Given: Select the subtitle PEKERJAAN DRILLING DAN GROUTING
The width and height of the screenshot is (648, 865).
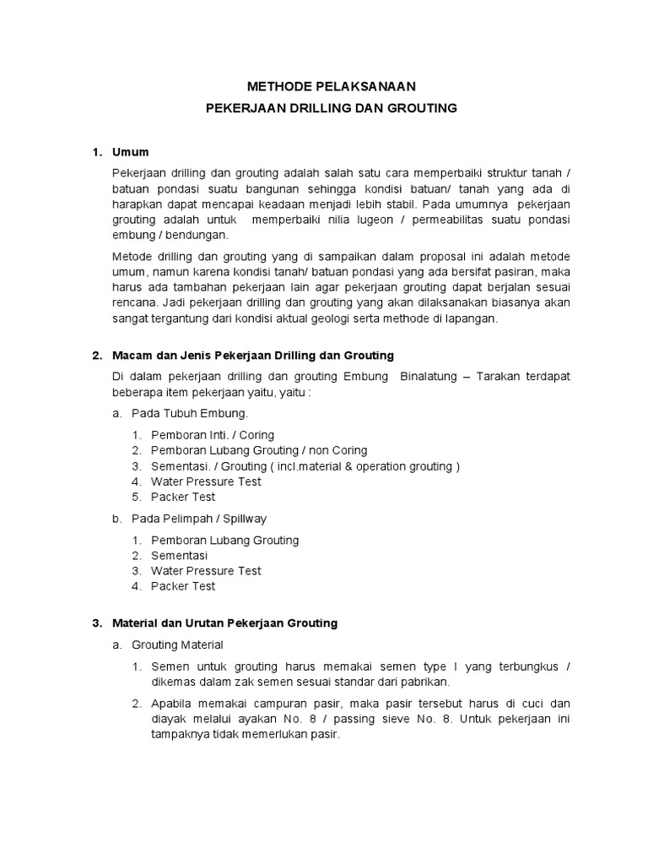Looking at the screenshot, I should pos(332,108).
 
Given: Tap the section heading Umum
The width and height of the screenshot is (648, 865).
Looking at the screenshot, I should pos(130,152).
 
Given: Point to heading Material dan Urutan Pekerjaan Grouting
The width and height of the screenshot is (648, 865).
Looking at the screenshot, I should pos(224,623).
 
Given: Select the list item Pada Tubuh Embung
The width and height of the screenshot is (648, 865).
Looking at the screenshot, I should pos(189,414).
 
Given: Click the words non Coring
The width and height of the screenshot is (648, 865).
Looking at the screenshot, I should pos(340,450).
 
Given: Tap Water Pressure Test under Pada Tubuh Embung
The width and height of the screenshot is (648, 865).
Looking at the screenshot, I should pos(206,481).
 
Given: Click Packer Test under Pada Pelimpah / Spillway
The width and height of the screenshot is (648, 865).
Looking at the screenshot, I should pos(183,586).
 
